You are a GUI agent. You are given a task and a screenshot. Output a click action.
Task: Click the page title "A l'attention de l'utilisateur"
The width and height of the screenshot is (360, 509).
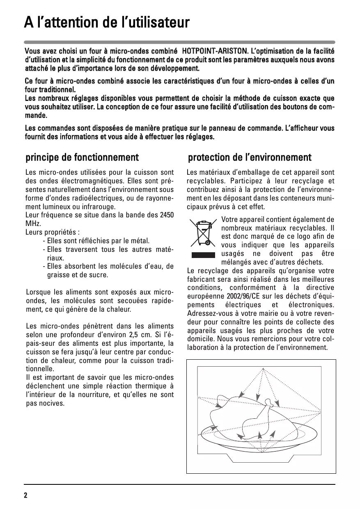107,22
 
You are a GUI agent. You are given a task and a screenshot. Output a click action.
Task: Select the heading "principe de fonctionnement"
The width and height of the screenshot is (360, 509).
82,157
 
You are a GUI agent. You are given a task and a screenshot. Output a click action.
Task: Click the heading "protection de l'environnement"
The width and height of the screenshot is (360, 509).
250,157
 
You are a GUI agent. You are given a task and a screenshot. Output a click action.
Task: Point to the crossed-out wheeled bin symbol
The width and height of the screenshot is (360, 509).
203,233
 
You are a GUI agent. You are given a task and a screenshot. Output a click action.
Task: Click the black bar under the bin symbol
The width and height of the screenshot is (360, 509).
203,255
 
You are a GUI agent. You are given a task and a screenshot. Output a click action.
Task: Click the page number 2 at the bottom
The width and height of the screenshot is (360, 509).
25,495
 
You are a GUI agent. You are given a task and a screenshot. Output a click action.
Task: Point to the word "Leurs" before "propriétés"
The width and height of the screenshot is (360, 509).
34,232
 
